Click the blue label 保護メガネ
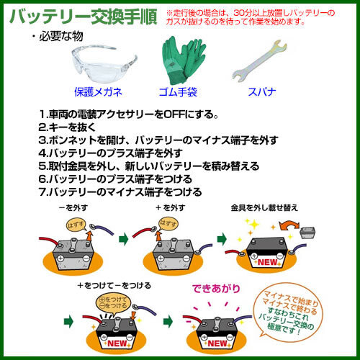tap(99, 92)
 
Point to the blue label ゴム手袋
tap(179, 92)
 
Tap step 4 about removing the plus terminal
tap(115, 153)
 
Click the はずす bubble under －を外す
tap(74, 225)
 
